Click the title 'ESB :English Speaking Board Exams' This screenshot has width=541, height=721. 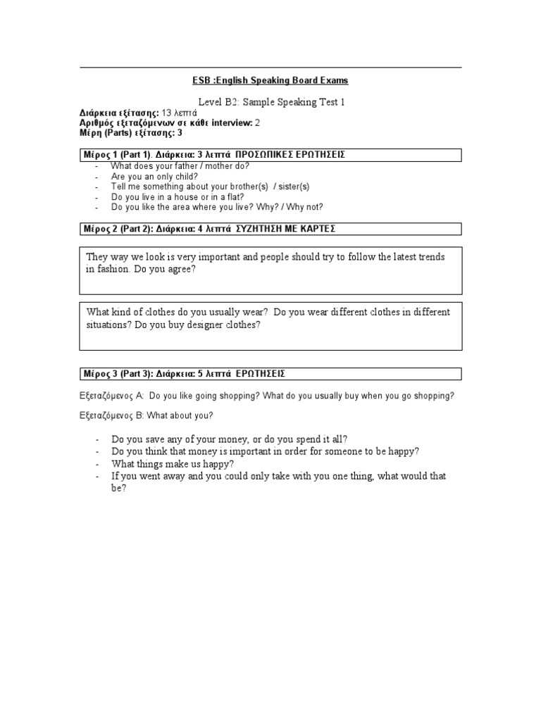270,81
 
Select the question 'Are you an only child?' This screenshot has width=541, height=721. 155,176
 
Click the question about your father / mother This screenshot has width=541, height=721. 180,166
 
